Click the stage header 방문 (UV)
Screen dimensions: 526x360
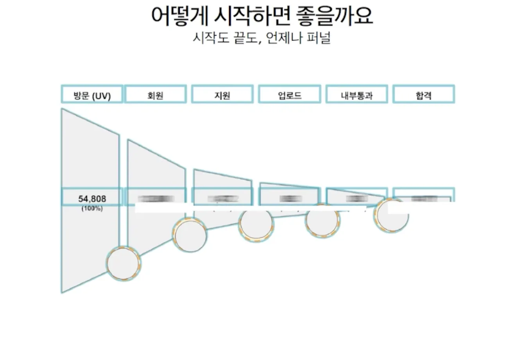[x=92, y=95]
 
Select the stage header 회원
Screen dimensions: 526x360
[x=155, y=95]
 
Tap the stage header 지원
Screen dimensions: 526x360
[x=222, y=95]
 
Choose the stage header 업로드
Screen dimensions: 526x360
[x=290, y=95]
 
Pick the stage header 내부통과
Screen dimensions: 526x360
[x=356, y=95]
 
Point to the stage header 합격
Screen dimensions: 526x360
[x=424, y=95]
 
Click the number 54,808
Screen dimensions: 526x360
[x=92, y=199]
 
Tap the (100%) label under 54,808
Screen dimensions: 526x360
[x=92, y=209]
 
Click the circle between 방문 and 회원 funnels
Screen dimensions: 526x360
[x=123, y=264]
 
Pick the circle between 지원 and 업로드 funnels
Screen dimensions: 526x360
[x=256, y=225]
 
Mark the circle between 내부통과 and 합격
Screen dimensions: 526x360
[x=391, y=216]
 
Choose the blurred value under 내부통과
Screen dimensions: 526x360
[x=357, y=199]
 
